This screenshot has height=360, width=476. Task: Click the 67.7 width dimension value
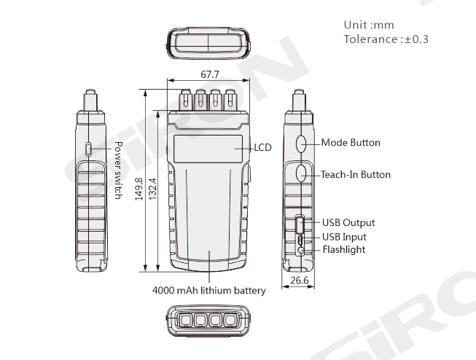click(210, 74)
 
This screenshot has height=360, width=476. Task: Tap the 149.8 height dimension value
click(138, 189)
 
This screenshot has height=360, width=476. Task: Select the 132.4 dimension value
click(152, 189)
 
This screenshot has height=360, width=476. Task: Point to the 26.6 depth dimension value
click(300, 281)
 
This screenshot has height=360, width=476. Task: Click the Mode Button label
click(351, 143)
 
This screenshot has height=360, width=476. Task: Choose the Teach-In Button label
click(356, 175)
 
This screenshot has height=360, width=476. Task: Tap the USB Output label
click(348, 222)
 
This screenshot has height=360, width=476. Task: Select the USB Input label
click(344, 237)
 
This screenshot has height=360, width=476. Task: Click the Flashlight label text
click(344, 249)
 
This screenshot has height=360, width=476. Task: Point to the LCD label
click(262, 147)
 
